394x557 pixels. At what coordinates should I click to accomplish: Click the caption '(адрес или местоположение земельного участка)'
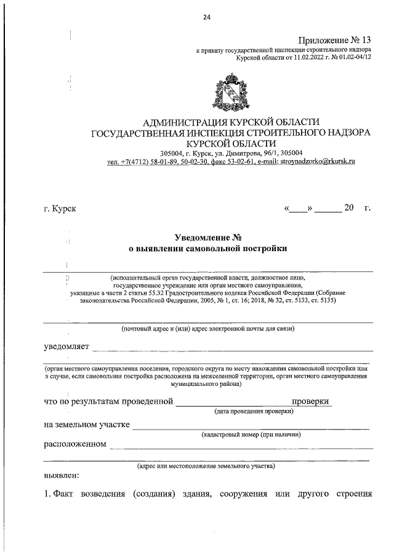[206, 467]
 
